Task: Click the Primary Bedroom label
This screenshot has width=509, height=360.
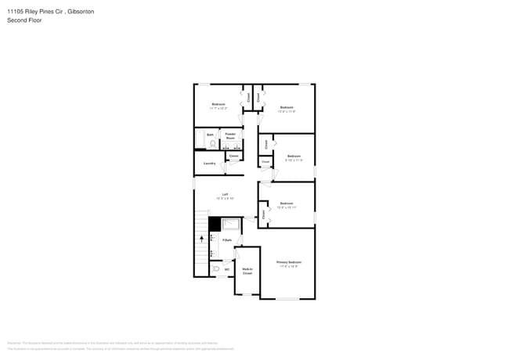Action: tap(289, 262)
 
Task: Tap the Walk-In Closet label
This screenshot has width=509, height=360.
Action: tap(247, 271)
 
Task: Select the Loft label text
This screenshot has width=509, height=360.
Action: tap(225, 194)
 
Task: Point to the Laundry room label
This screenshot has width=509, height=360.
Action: tap(210, 163)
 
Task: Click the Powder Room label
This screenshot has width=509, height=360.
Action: tap(231, 136)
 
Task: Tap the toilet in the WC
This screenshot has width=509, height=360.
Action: tap(215, 269)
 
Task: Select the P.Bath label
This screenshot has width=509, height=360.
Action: tap(226, 239)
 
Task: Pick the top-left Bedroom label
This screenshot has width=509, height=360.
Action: tap(218, 104)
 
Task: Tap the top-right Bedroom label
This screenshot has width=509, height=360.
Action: tap(287, 107)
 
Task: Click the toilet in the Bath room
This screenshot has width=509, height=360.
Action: tap(211, 143)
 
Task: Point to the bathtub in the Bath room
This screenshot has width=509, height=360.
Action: tap(200, 139)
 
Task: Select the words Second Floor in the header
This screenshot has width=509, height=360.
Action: tap(24, 20)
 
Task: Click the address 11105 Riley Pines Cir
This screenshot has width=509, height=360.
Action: tap(36, 11)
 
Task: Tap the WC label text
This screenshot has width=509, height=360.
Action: tap(227, 270)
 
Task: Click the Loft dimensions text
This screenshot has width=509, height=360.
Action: tap(225, 199)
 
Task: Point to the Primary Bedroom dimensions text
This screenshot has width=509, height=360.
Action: tap(289, 267)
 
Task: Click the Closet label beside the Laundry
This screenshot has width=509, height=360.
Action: tap(233, 157)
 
